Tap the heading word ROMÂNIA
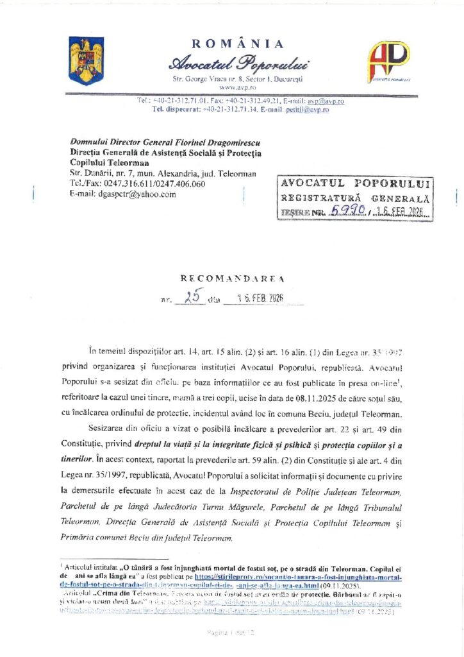[237, 44]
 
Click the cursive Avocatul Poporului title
[238, 64]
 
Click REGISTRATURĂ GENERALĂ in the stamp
[354, 197]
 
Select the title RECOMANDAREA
[232, 279]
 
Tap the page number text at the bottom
[231, 632]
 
